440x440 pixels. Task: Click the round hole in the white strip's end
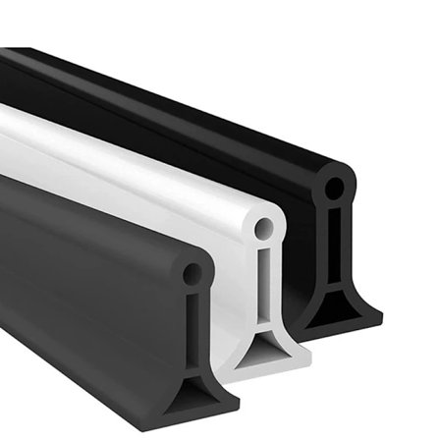[266, 229]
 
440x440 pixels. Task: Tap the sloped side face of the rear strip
[196, 137]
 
